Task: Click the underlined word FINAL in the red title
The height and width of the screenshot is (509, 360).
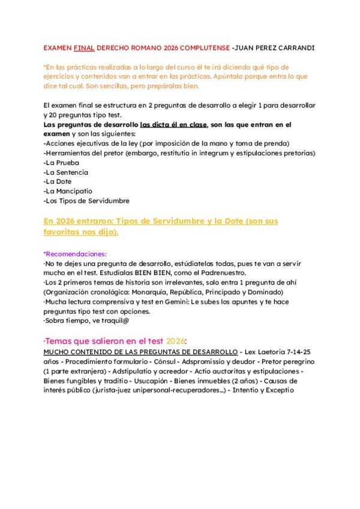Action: coord(82,46)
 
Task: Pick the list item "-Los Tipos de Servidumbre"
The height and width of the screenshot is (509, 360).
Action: coord(87,200)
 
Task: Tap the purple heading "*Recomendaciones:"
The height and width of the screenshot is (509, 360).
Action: coord(75,254)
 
